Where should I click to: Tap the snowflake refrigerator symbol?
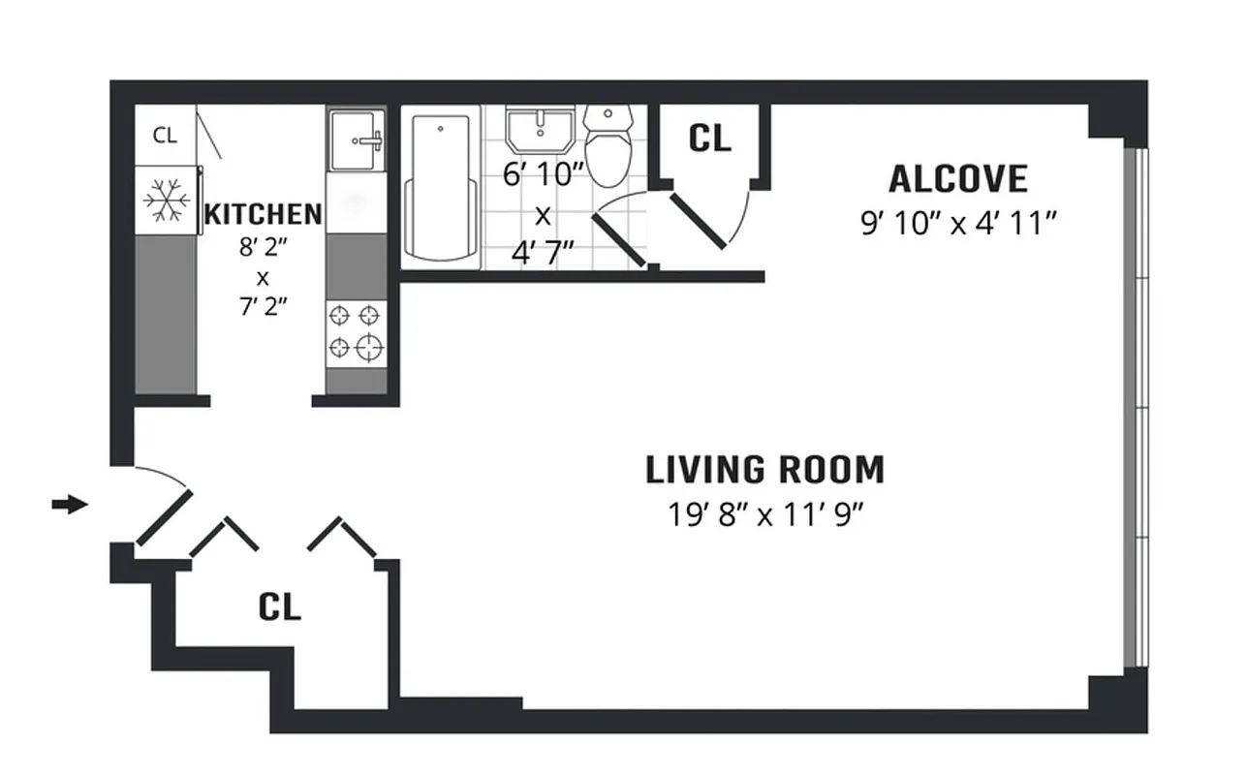166,201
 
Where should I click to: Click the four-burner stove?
356,331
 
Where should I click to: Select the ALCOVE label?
957,180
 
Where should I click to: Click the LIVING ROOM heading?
764,470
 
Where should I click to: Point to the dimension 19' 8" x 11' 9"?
764,513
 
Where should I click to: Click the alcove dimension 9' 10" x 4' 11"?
957,225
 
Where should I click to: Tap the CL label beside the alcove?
709,139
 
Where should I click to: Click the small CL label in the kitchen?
165,136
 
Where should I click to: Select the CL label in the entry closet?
280,607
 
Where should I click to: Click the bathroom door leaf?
619,239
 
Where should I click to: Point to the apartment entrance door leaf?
164,519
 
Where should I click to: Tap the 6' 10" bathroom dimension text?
544,175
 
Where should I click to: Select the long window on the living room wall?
1139,407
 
